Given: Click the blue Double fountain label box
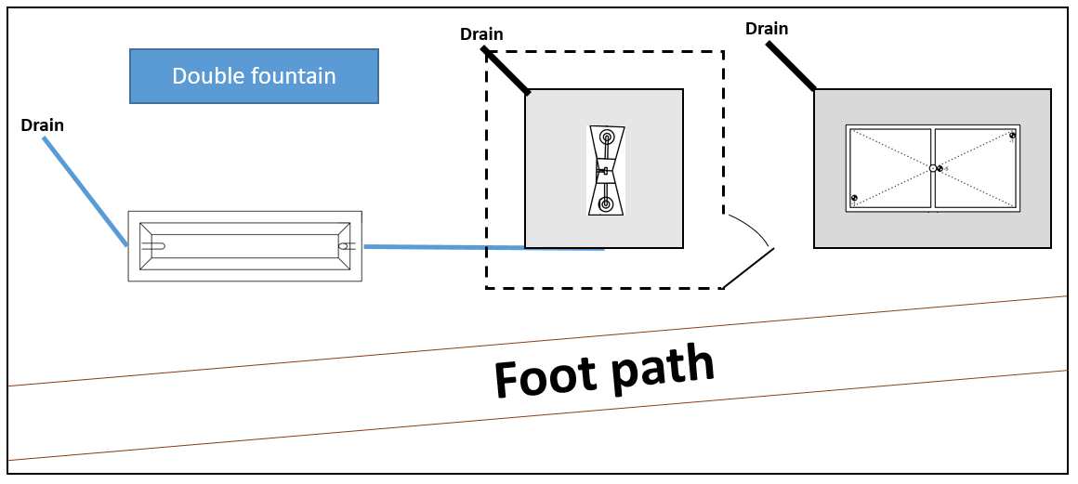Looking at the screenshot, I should [x=254, y=76].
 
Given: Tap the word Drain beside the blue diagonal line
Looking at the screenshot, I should [x=42, y=125].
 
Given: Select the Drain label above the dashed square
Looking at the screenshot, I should [x=481, y=35].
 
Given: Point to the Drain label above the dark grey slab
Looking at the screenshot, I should [x=767, y=29].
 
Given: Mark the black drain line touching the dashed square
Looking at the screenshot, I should [x=506, y=72].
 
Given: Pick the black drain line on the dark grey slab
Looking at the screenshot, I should [x=791, y=66].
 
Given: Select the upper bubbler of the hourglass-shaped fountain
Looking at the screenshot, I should [x=607, y=137].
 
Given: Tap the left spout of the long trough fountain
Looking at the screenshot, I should [x=154, y=246].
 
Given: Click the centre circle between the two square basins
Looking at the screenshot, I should [x=932, y=168].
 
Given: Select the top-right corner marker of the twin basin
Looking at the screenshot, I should [x=1012, y=136].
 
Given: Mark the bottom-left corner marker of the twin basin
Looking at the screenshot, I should [x=854, y=198].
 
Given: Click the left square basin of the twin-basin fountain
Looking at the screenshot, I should [x=889, y=168].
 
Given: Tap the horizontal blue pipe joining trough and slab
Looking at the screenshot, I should [x=483, y=248].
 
